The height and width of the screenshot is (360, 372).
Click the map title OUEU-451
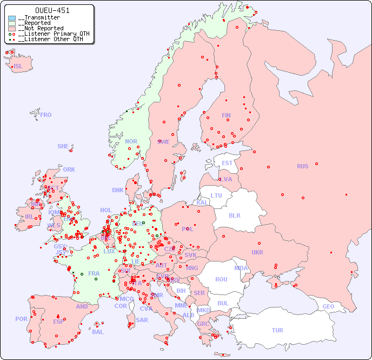(52, 10)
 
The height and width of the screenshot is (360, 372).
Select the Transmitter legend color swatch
(12, 18)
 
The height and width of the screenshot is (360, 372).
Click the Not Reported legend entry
(43, 28)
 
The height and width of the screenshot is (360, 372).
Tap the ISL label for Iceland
(18, 67)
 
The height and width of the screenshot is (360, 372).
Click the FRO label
(46, 115)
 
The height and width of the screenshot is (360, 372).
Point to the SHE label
(63, 146)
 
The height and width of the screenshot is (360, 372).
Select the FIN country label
(226, 115)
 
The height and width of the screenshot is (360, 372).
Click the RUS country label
(302, 166)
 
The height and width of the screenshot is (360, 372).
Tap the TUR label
(277, 330)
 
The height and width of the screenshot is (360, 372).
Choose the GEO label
(328, 306)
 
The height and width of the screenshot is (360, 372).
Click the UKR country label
(257, 252)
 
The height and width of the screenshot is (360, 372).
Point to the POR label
(21, 319)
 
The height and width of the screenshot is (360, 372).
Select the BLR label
(235, 215)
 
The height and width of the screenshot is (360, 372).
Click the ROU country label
(221, 279)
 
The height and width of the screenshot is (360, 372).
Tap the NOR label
(131, 141)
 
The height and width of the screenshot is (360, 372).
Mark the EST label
(227, 163)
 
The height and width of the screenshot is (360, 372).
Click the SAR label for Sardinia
(142, 320)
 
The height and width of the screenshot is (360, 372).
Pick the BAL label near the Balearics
(98, 332)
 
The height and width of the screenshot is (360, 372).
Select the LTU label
(216, 195)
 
